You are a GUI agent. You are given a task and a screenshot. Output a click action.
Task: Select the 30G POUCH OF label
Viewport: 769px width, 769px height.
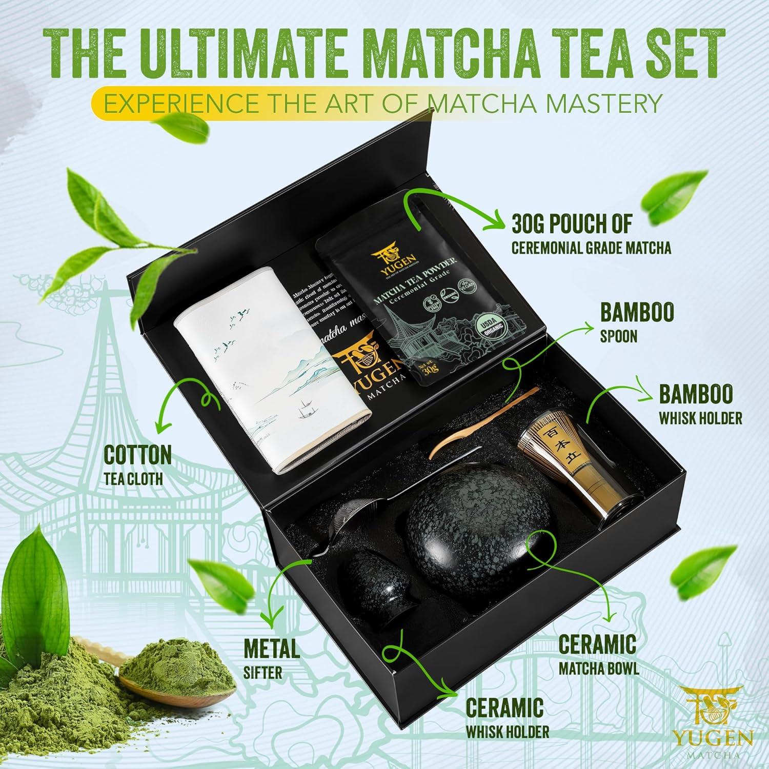point(572,223)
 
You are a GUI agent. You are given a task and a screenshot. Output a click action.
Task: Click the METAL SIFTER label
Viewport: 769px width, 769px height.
point(272,658)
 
